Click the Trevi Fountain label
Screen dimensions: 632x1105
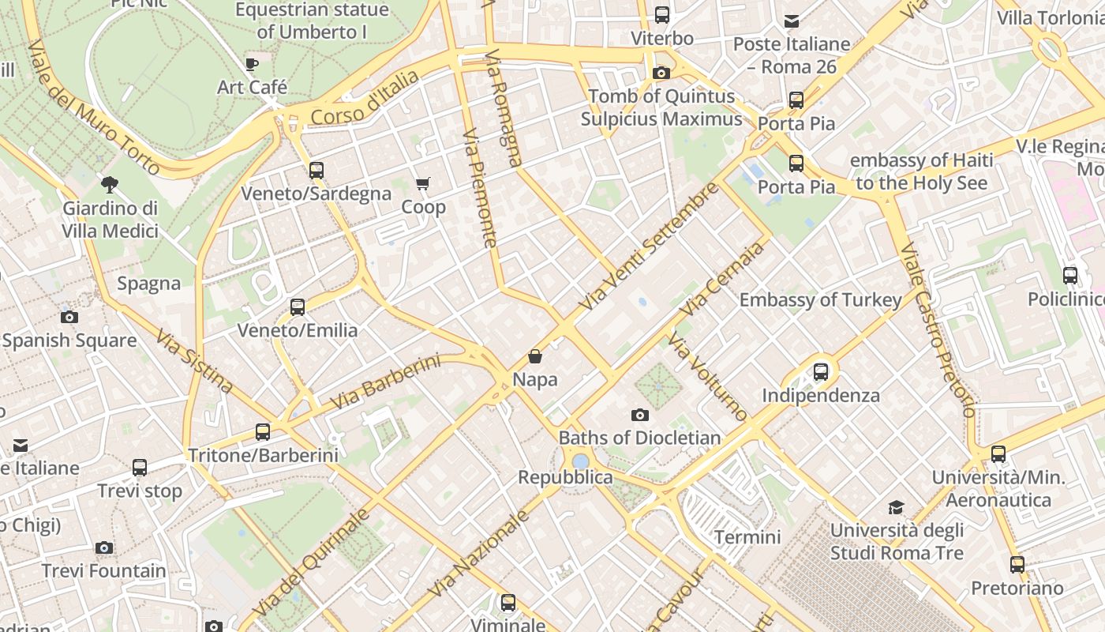pyautogui.click(x=104, y=570)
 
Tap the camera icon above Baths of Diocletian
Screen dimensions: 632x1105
pyautogui.click(x=640, y=415)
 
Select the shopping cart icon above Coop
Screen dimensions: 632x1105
pyautogui.click(x=423, y=184)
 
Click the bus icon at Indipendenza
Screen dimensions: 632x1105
pyautogui.click(x=821, y=372)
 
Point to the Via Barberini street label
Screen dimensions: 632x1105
pyautogui.click(x=384, y=382)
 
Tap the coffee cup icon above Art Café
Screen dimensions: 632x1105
pyautogui.click(x=252, y=64)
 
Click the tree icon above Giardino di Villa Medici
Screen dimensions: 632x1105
pyautogui.click(x=110, y=185)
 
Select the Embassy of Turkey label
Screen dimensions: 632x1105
pyautogui.click(x=820, y=300)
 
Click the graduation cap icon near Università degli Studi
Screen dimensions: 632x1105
pyautogui.click(x=896, y=506)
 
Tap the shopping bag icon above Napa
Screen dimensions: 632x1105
pyautogui.click(x=535, y=356)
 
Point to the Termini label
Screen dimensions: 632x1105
pyautogui.click(x=747, y=537)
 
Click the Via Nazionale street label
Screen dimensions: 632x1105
pyautogui.click(x=478, y=554)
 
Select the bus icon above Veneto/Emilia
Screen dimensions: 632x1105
pyautogui.click(x=298, y=307)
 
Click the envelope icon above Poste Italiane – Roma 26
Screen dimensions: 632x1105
pyautogui.click(x=792, y=21)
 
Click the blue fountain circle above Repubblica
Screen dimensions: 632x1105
pyautogui.click(x=581, y=461)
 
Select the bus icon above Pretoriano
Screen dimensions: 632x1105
pyautogui.click(x=1017, y=565)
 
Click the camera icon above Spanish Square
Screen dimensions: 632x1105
pyautogui.click(x=69, y=318)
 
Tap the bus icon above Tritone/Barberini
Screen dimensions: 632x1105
pyautogui.click(x=263, y=432)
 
